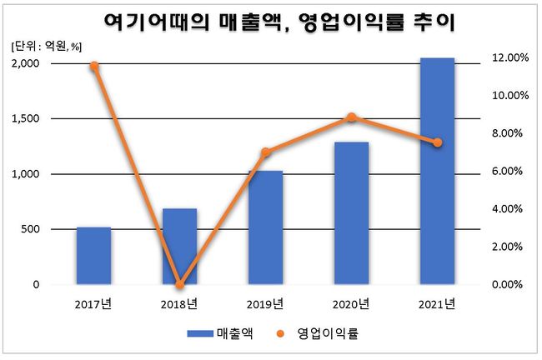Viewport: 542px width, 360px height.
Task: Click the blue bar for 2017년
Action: [93, 256]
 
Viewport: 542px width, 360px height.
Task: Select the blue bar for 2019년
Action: [265, 227]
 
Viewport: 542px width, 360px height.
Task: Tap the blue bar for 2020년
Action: [352, 213]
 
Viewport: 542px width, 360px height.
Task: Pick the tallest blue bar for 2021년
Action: [437, 171]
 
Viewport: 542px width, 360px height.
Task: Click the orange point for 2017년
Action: [94, 66]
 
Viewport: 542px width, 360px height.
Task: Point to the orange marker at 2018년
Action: [180, 284]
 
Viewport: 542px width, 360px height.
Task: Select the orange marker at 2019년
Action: [265, 152]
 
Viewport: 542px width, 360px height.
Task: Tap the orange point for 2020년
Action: [352, 117]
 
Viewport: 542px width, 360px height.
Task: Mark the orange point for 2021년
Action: [438, 142]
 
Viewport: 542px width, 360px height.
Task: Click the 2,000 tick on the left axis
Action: [25, 63]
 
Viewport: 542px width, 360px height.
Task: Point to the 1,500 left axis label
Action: [25, 118]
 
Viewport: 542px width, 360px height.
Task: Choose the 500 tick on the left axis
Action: [30, 229]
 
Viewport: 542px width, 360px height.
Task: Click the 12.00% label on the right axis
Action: [510, 57]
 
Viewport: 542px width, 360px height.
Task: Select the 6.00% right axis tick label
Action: [508, 171]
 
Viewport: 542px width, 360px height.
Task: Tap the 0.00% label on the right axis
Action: [508, 284]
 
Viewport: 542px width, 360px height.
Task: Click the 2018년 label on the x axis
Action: [179, 304]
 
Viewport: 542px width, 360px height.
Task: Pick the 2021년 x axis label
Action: [437, 304]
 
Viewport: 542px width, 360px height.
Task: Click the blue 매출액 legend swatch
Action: [200, 333]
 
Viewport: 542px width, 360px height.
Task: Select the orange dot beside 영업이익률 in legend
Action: [280, 333]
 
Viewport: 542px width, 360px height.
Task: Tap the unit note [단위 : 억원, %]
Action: [47, 47]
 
